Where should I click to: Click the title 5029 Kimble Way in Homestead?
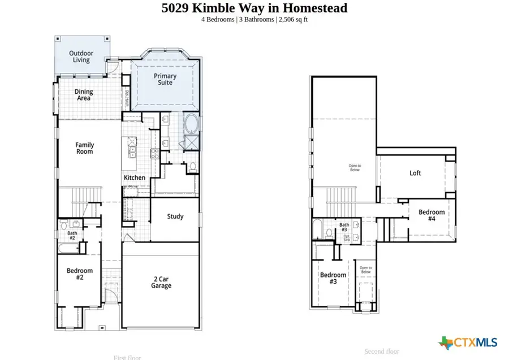pyautogui.click(x=254, y=8)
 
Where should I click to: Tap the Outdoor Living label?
pyautogui.click(x=81, y=57)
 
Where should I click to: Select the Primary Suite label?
pyautogui.click(x=165, y=79)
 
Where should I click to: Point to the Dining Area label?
pyautogui.click(x=84, y=95)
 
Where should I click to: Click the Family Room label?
pyautogui.click(x=84, y=148)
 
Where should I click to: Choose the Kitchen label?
pyautogui.click(x=135, y=177)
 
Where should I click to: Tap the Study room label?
pyautogui.click(x=175, y=216)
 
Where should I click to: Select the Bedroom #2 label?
pyautogui.click(x=79, y=274)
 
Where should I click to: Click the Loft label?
pyautogui.click(x=415, y=174)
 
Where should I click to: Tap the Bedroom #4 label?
pyautogui.click(x=431, y=215)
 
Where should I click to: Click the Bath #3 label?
pyautogui.click(x=344, y=227)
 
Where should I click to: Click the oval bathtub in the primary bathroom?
pyautogui.click(x=191, y=123)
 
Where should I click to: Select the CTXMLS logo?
pyautogui.click(x=468, y=342)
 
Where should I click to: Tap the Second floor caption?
pyautogui.click(x=382, y=352)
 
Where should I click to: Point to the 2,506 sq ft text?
pyautogui.click(x=293, y=20)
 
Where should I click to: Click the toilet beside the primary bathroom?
pyautogui.click(x=192, y=166)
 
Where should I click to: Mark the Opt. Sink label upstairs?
pyautogui.click(x=347, y=238)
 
